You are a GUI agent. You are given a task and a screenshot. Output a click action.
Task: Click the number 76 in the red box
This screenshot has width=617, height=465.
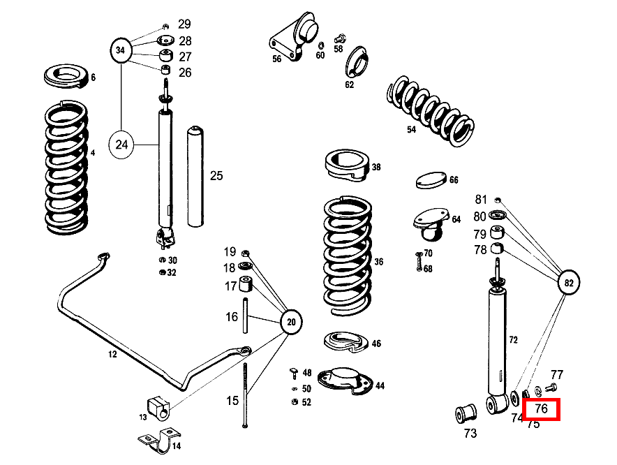pos(541,408)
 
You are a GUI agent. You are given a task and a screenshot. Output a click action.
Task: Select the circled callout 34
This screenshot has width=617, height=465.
pos(121,51)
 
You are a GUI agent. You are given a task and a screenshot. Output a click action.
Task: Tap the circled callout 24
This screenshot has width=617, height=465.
pos(121,145)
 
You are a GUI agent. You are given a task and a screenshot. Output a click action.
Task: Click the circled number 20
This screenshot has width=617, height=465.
pos(292,322)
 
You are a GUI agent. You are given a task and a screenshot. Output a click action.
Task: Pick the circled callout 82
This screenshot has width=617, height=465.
pos(569,283)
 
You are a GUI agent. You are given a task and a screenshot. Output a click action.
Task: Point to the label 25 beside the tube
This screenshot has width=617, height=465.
pos(216,175)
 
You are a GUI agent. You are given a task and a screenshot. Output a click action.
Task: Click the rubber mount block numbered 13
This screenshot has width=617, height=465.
pos(158,408)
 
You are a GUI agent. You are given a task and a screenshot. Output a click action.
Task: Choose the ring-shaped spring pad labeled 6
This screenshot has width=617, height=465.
pos(66,76)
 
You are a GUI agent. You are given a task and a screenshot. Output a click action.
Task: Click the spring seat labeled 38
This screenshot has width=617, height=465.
pos(347,163)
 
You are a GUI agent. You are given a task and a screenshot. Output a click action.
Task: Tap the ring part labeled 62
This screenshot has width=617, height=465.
pos(357,62)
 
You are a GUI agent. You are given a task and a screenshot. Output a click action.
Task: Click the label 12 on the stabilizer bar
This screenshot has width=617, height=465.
pos(112,355)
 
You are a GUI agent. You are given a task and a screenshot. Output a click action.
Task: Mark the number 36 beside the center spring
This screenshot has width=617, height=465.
pos(378,263)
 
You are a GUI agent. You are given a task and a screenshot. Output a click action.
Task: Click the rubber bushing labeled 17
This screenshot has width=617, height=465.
pos(246,286)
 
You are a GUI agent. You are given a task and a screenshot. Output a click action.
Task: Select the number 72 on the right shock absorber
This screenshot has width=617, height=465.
pos(513,340)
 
